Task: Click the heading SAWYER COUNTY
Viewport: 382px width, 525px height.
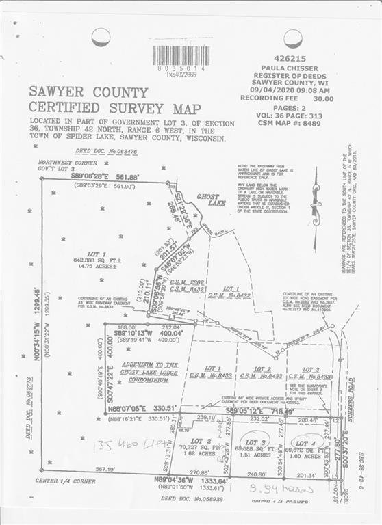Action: [x=88, y=92]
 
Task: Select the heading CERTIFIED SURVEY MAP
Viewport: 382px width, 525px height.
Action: [x=115, y=109]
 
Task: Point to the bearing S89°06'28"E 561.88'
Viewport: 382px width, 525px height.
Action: [x=105, y=176]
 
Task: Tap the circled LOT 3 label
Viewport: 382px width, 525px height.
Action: [x=255, y=442]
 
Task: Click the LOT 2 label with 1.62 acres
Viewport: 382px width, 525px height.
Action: [x=200, y=446]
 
